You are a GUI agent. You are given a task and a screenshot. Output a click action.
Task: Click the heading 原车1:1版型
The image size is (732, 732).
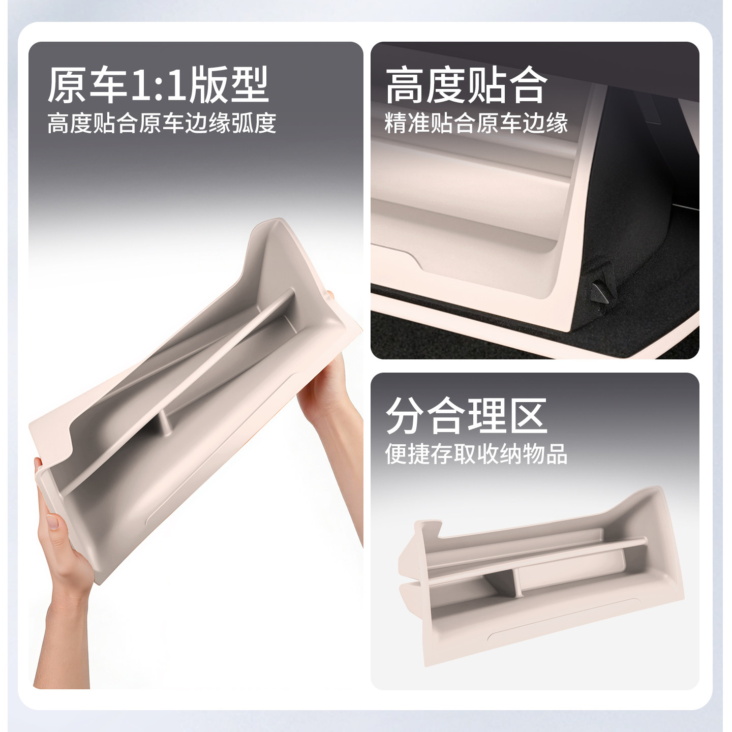158,85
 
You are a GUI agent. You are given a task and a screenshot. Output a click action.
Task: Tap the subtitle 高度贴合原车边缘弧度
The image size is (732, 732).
162,124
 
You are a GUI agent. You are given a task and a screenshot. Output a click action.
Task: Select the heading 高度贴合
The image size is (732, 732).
466,85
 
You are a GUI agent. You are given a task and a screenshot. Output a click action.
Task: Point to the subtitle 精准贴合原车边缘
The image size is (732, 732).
476,124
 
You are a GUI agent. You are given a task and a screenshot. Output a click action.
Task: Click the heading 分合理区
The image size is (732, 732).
466,416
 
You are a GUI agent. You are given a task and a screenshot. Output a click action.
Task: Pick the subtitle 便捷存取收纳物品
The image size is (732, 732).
476,454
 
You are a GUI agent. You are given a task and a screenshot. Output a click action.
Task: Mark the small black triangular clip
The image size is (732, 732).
601,290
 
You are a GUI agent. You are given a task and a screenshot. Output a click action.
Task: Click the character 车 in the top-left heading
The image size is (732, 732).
107,85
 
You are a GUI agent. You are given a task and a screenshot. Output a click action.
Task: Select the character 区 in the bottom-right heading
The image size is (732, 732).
529,416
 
